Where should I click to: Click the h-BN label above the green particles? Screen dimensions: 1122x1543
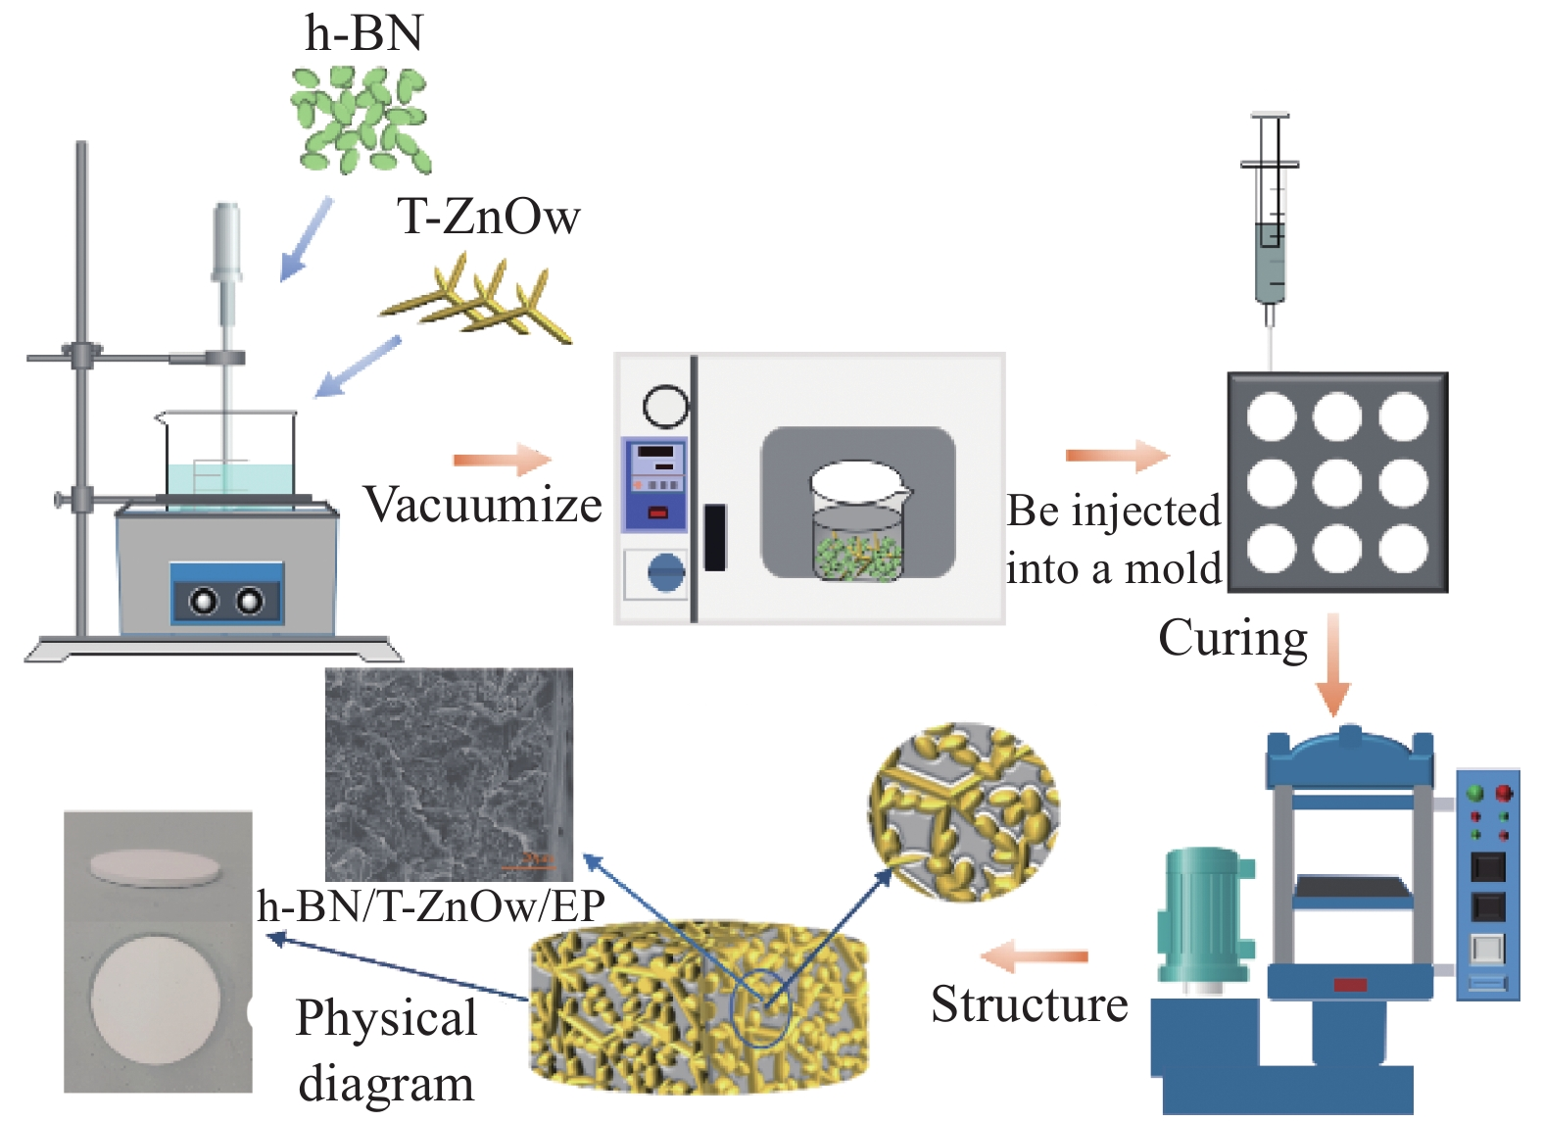364,33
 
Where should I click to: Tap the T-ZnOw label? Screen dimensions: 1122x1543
488,217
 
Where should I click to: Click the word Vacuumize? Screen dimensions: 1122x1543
483,506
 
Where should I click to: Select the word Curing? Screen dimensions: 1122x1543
1232,639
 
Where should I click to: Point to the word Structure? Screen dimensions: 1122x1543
1029,1004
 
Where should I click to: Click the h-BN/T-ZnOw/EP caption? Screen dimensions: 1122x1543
431,905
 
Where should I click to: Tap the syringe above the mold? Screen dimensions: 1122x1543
1271,225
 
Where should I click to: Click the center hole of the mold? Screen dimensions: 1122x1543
1337,482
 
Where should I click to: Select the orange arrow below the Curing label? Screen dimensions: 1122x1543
1333,666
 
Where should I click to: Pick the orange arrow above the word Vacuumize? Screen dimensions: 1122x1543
503,460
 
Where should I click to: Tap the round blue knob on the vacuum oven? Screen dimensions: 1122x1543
666,572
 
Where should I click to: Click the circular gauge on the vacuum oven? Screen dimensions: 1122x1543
665,406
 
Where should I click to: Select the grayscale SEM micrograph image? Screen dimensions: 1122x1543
449,774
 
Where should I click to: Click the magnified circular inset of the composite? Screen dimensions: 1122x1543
963,811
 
